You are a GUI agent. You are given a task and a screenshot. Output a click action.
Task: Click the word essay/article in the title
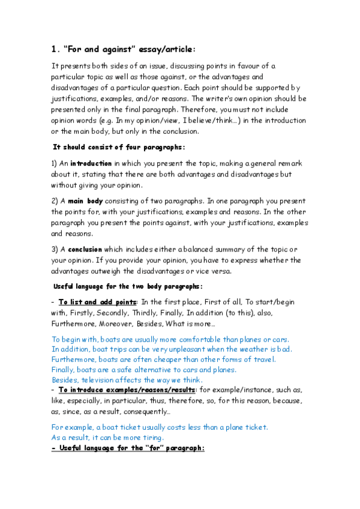click(165, 50)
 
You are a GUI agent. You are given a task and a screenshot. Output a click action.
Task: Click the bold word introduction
click(91, 163)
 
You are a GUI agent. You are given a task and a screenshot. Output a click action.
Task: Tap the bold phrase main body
click(88, 200)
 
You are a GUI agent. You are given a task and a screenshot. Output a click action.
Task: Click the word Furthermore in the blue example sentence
click(71, 359)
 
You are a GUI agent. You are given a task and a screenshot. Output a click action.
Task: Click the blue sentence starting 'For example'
click(160, 427)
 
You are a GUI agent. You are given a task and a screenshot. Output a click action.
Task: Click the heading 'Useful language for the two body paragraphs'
click(128, 286)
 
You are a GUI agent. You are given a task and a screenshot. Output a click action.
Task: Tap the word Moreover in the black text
click(110, 324)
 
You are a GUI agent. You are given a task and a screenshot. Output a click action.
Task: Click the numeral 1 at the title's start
click(53, 50)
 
